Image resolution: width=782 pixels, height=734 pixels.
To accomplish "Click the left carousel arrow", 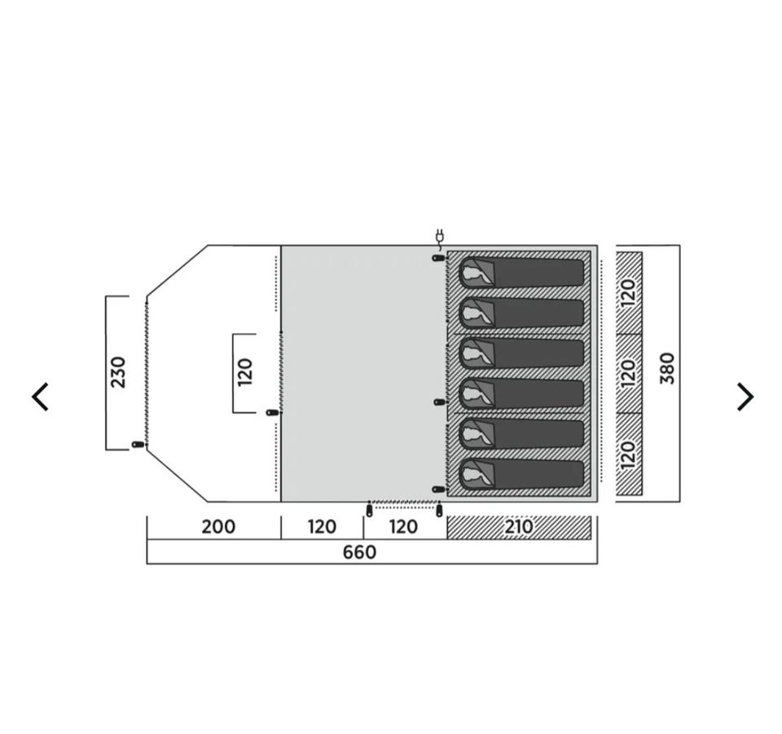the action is tap(40, 397).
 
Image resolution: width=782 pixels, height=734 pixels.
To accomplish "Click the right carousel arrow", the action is tap(745, 397).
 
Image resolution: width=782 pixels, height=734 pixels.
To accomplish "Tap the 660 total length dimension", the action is tap(359, 552).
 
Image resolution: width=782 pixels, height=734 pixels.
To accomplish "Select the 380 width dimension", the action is tap(667, 368).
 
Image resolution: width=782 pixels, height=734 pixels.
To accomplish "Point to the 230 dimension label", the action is tap(118, 372).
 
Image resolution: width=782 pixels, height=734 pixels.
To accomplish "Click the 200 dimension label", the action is tap(218, 526).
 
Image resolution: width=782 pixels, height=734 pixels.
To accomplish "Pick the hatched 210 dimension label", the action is tap(519, 526).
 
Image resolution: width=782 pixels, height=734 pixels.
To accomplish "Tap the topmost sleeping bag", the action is tap(521, 273).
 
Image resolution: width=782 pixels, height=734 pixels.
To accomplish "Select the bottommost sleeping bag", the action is tap(521, 475).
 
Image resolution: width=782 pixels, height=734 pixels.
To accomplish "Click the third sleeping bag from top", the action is tap(521, 354).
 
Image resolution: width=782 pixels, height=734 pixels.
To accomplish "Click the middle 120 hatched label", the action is tap(629, 372).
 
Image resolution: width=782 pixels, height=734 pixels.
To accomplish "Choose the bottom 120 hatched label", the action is tap(629, 454).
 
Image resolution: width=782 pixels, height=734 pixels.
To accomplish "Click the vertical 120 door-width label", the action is tap(245, 372).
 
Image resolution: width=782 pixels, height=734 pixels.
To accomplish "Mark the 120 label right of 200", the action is tap(322, 526).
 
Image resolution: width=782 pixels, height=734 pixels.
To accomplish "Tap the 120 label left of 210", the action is tap(403, 526).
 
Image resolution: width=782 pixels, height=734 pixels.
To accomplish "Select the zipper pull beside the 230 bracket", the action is tap(137, 444).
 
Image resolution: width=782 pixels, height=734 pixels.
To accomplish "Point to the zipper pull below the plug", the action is tap(438, 257).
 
